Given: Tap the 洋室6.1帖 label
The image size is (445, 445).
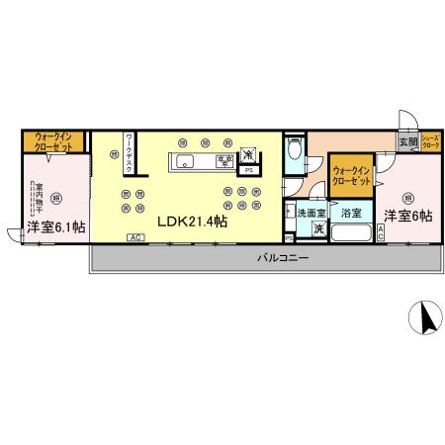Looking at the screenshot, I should [x=55, y=227].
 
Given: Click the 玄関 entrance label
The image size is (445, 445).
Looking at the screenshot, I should [x=407, y=142].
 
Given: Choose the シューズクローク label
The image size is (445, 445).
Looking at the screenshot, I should [x=431, y=141].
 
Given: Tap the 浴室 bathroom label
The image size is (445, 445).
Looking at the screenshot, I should [x=351, y=212].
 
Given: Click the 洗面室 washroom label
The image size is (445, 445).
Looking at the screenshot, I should [x=311, y=212].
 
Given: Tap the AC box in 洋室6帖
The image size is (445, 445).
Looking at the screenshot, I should [x=383, y=232].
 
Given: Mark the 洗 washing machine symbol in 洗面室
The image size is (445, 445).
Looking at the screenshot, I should [x=318, y=228].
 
